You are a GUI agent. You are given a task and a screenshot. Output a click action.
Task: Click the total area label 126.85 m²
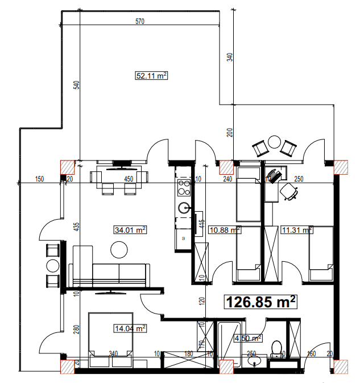pyautogui.click(x=262, y=302)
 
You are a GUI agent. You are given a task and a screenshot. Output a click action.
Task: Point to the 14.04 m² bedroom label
pyautogui.click(x=130, y=328)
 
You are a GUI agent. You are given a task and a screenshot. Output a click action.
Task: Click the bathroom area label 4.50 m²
pyautogui.click(x=248, y=338)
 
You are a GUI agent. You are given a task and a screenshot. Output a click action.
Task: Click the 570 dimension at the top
pyautogui.click(x=140, y=22)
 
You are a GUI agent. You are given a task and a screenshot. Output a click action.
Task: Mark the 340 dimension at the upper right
pyautogui.click(x=230, y=57)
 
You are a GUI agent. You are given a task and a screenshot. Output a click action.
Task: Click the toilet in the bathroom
pyautogui.click(x=278, y=348)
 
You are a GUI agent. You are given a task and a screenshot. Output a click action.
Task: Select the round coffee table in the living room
pyautogui.click(x=119, y=249)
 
